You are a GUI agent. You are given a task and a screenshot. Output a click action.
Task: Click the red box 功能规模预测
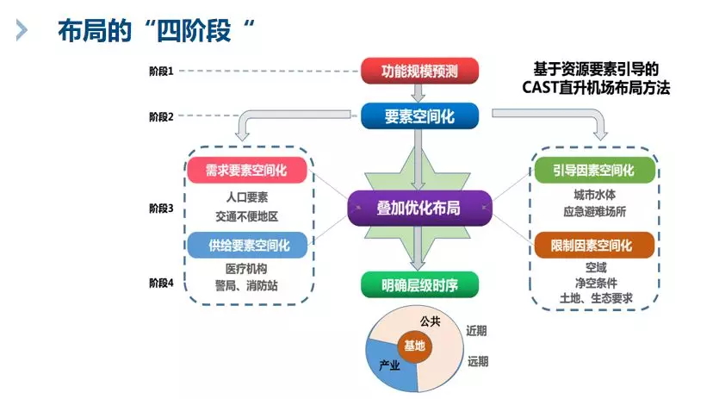418,71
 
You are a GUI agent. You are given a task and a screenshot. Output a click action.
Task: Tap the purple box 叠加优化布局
418,209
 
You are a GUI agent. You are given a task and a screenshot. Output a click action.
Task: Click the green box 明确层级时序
418,285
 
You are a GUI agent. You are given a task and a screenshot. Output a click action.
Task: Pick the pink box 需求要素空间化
247,171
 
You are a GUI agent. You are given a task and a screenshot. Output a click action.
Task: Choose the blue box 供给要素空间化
248,246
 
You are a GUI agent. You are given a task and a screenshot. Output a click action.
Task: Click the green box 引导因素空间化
594,171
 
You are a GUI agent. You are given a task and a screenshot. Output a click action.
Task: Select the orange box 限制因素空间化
594,246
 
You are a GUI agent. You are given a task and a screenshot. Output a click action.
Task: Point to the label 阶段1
161,72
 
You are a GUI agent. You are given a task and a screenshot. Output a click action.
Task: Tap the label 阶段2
161,116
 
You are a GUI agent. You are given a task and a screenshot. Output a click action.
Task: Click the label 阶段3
161,209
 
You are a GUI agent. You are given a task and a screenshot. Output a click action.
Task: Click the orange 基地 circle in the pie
414,346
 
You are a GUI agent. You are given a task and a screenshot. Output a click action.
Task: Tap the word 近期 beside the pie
477,330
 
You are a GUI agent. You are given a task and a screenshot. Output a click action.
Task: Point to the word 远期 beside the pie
477,361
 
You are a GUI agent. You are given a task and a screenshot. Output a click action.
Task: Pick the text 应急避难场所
594,210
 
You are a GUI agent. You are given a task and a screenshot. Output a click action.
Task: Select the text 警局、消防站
247,285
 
